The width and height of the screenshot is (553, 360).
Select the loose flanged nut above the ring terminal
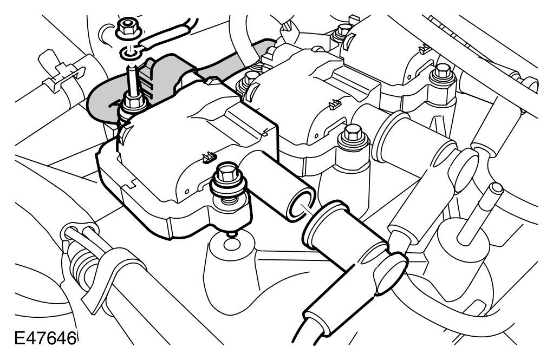click(126, 27)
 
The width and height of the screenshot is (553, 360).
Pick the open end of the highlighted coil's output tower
click(301, 202)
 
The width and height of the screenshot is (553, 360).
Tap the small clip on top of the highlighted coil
click(206, 158)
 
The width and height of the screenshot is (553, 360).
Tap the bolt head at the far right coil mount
click(443, 70)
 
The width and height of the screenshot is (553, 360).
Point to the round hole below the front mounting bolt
click(231, 246)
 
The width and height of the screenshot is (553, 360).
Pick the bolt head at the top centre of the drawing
click(342, 29)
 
